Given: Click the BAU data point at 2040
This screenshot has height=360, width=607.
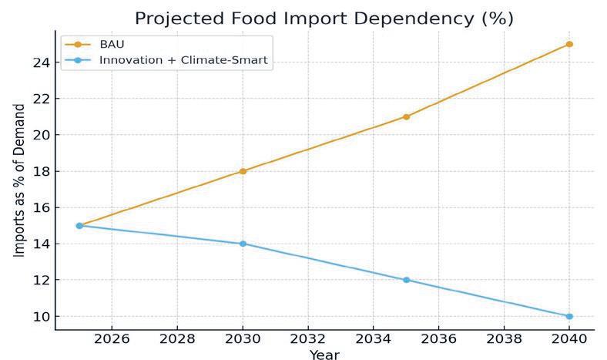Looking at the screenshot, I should tap(569, 44).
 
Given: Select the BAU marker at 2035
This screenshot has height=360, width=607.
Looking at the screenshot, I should tap(406, 116).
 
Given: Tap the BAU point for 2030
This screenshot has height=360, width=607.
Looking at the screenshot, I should tap(243, 171).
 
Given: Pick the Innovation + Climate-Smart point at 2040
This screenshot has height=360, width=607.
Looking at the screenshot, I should tap(569, 316).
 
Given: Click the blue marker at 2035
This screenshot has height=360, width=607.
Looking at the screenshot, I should tap(406, 280).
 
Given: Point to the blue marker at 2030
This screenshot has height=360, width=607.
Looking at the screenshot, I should tap(243, 244).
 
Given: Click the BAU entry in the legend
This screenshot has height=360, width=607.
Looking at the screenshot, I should tap(112, 44).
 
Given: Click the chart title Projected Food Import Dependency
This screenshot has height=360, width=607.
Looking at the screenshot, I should tap(324, 17).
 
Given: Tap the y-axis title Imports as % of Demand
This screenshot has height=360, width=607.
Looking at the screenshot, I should tap(20, 180).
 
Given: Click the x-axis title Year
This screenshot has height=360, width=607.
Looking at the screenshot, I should tap(324, 355).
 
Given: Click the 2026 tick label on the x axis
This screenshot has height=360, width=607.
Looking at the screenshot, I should tap(112, 339).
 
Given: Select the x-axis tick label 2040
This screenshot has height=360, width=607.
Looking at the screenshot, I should tap(569, 339).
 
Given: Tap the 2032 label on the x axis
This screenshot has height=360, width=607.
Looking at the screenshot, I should tap(308, 339).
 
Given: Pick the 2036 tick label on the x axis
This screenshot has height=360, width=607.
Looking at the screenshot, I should tap(438, 339).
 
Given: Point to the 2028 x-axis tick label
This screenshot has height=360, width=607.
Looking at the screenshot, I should tap(177, 339).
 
